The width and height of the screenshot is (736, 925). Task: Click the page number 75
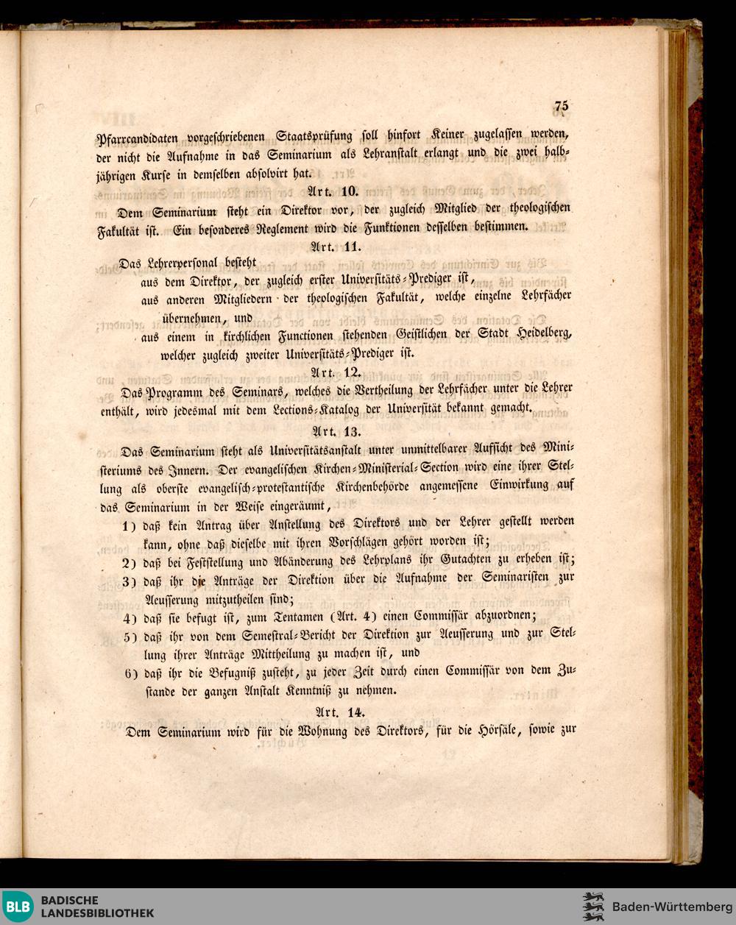pyautogui.click(x=562, y=106)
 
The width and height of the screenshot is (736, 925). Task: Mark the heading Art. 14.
pyautogui.click(x=336, y=712)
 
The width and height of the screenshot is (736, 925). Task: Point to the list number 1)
pyautogui.click(x=131, y=525)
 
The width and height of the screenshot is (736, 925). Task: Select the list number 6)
pyautogui.click(x=130, y=673)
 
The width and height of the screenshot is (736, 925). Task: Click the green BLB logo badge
pyautogui.click(x=18, y=907)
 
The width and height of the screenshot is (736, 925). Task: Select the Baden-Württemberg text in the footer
pyautogui.click(x=668, y=906)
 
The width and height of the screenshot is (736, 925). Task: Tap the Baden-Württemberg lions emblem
pyautogui.click(x=593, y=907)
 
